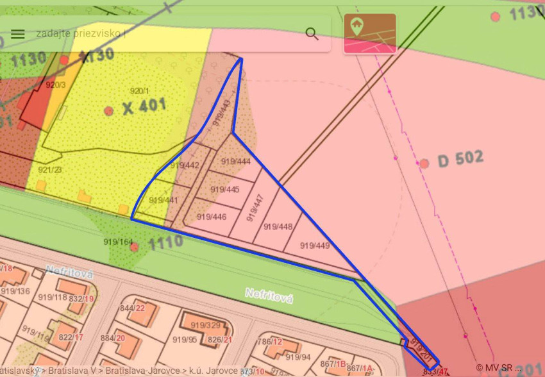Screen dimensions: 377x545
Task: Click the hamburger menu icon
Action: [x=18, y=34]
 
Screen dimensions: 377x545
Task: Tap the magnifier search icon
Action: [x=312, y=34]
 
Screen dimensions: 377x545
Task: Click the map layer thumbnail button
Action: [x=370, y=33]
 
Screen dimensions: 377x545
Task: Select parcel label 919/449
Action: [x=315, y=246]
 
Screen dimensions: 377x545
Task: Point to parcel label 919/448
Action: [x=278, y=226]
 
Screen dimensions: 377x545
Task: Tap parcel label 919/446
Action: [x=212, y=217]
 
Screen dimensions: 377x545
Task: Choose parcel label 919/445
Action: [x=224, y=190]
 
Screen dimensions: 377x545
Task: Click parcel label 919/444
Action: [x=235, y=162]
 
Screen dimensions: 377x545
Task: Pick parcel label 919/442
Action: [x=184, y=165]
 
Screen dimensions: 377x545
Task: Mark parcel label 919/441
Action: [x=163, y=201]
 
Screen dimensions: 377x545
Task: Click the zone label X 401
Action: [x=144, y=106]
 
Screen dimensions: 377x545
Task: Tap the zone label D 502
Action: [x=460, y=159]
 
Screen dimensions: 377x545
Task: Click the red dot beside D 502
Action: [x=424, y=163]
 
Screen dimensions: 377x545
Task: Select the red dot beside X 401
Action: [x=109, y=110]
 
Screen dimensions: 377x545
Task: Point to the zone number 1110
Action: [x=165, y=242]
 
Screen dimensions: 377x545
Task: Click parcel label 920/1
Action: [x=139, y=90]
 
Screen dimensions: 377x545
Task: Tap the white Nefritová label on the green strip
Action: [x=269, y=296]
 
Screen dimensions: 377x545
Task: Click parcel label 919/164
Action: [x=118, y=242]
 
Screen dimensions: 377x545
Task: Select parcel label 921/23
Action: [x=49, y=170]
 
